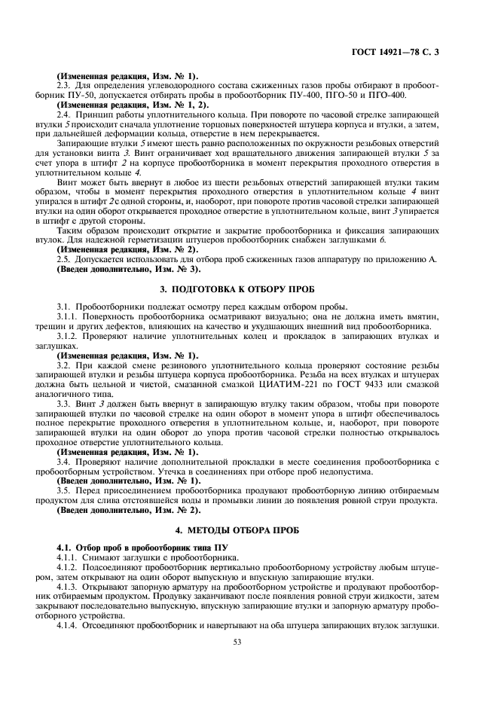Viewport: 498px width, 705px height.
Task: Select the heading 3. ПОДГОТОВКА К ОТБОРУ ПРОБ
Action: pyautogui.click(x=249, y=289)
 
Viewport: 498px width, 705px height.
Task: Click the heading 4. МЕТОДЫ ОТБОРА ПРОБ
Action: pyautogui.click(x=249, y=531)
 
